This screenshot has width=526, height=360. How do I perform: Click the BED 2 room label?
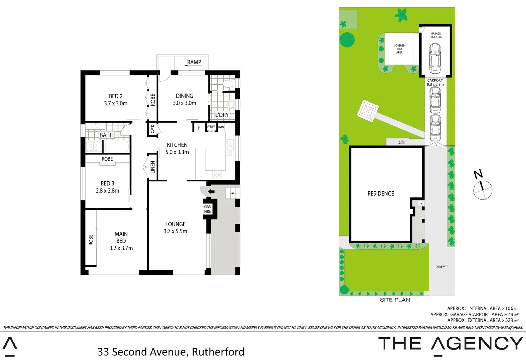115,96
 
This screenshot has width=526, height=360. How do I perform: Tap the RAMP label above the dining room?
194,62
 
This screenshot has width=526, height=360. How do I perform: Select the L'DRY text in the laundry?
222,115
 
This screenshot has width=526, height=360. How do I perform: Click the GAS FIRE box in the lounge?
207,209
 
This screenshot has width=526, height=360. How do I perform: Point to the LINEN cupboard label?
153,167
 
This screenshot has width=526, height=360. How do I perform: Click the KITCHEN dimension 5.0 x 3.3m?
177,152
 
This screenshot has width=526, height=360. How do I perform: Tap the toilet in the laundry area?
229,84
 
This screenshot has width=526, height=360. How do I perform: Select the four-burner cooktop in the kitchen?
217,174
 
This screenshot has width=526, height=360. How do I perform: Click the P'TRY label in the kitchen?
211,127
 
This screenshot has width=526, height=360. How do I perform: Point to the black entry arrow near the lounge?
211,192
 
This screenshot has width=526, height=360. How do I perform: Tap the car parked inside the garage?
435,58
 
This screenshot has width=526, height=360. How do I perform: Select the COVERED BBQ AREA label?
399,49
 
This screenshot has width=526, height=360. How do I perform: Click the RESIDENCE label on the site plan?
381,194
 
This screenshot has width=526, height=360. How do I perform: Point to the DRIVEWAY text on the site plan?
442,267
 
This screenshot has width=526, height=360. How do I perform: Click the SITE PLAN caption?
395,300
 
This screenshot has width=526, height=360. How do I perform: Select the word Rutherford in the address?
218,352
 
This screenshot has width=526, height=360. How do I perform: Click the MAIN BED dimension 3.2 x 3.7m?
121,248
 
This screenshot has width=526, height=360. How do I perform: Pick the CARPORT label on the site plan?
435,80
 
